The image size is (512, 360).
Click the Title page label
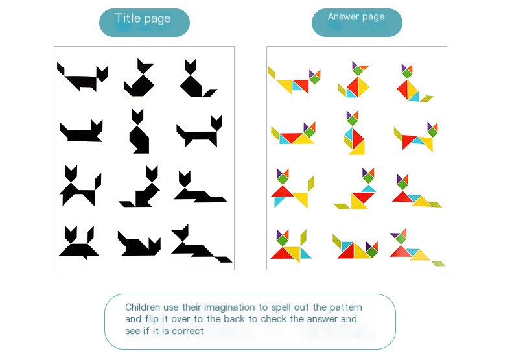[x=143, y=19]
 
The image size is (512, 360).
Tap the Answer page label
[x=356, y=17]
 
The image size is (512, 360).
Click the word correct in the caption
[x=189, y=331]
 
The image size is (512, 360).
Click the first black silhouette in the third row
[x=80, y=186]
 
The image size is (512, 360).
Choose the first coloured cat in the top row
[x=295, y=80]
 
